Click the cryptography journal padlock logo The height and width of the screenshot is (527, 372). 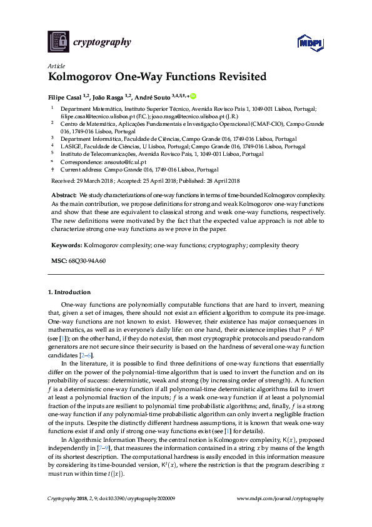coord(58,42)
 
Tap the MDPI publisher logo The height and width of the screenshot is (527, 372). coord(309,42)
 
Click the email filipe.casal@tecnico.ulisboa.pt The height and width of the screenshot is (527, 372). coord(98,116)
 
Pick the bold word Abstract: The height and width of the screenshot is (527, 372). coord(64,196)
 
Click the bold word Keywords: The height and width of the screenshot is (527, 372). coord(66,245)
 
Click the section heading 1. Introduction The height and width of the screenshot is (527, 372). coord(69,292)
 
